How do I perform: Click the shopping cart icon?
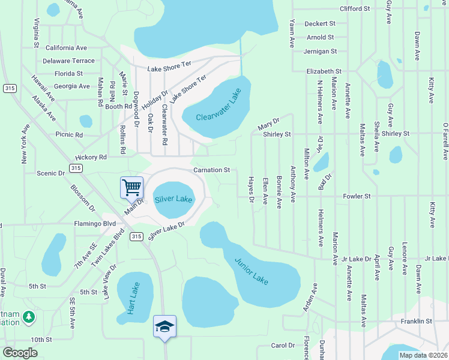click(131, 187)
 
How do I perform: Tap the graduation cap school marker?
click(164, 326)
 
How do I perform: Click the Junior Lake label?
click(251, 271)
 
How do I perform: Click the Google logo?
click(20, 353)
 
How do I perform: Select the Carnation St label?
click(211, 170)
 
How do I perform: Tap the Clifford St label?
click(354, 9)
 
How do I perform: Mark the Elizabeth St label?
click(324, 71)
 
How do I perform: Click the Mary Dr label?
click(268, 124)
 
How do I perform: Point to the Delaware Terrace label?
click(68, 61)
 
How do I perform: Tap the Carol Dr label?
click(283, 346)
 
